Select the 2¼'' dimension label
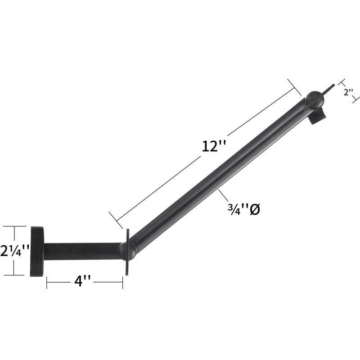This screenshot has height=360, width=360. (15, 251)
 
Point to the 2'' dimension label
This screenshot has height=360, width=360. (348, 92)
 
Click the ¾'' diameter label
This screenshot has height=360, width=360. (244, 209)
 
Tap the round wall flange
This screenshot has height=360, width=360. (37, 252)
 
